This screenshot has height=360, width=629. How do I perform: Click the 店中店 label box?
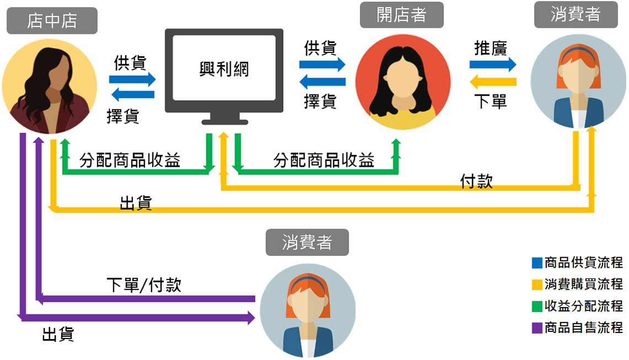[52, 21]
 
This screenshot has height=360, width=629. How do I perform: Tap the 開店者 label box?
[402, 15]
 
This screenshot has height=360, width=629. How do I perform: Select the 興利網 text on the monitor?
[224, 69]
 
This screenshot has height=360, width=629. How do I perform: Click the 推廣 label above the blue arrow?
[491, 48]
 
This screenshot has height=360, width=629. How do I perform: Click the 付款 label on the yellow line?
[476, 181]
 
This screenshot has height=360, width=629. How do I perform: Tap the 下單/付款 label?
[144, 285]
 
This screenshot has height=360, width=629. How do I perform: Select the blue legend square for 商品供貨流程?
[537, 262]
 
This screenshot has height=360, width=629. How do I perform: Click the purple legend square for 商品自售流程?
[537, 328]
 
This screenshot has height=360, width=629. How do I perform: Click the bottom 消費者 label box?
[307, 242]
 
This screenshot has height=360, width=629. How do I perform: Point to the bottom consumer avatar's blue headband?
[307, 283]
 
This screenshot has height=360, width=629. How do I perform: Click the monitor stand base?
[224, 120]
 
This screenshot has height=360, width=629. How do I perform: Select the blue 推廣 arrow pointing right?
[493, 65]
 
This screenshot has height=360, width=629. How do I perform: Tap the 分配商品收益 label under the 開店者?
[324, 161]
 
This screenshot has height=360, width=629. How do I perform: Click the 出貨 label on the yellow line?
[136, 203]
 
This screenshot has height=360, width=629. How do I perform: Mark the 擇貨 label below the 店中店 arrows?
[122, 116]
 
